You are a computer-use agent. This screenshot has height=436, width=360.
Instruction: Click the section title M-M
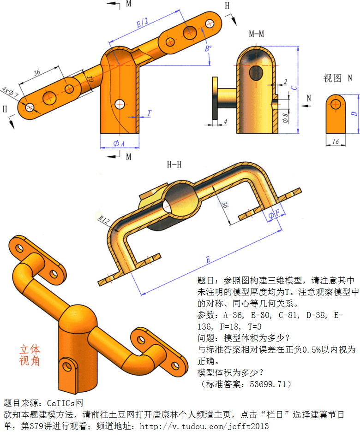point(257,34)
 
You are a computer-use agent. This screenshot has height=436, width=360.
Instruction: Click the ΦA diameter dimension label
point(119,144)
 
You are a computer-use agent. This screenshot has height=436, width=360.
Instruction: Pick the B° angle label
point(208,48)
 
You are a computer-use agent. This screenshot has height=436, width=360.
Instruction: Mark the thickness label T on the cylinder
point(149,113)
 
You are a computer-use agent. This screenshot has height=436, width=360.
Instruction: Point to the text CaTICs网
point(65,403)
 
